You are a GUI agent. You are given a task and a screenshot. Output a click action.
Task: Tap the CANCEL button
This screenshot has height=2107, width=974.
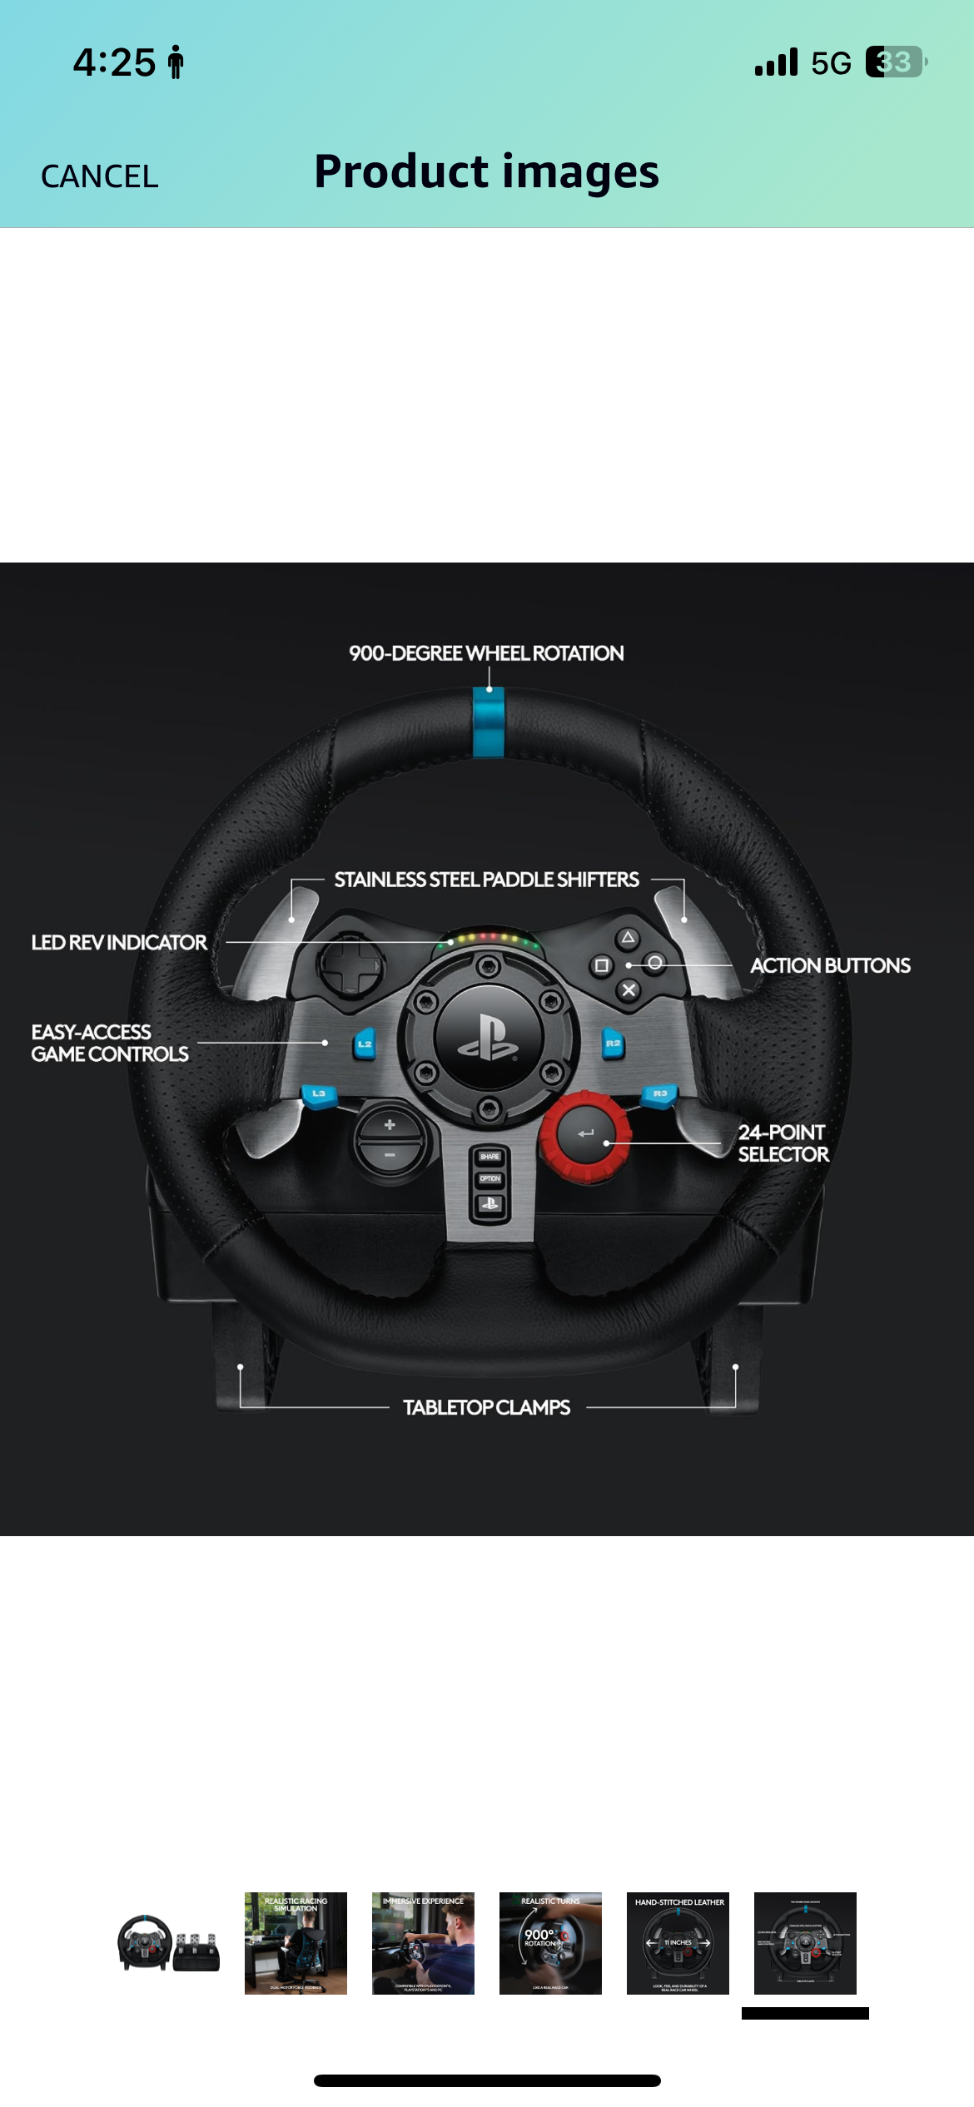(99, 176)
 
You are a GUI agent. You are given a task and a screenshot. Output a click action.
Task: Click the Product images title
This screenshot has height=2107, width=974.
(486, 172)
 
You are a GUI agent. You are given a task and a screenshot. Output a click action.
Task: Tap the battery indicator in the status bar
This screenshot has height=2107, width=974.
(896, 62)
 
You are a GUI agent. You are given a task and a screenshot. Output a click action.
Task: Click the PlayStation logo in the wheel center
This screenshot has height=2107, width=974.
(489, 1037)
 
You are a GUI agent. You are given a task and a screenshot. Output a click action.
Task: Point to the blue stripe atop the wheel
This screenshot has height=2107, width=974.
(489, 723)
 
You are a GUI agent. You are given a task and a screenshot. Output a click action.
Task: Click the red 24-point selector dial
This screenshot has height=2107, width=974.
(586, 1134)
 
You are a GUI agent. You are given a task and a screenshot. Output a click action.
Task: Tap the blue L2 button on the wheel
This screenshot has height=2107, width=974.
(365, 1044)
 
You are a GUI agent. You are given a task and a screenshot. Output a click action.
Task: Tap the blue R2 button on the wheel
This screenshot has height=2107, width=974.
(613, 1044)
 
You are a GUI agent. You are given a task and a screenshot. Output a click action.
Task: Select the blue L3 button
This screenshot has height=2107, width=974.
(319, 1094)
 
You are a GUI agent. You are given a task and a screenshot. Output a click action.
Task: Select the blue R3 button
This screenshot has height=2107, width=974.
(659, 1094)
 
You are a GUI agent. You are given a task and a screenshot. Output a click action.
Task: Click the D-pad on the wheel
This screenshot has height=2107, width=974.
(350, 965)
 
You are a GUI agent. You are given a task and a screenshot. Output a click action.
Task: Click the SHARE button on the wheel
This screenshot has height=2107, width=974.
(489, 1157)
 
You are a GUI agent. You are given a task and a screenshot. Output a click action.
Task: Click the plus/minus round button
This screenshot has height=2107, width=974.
(390, 1140)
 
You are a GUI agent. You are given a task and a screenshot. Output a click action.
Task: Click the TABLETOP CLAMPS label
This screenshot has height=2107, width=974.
(486, 1407)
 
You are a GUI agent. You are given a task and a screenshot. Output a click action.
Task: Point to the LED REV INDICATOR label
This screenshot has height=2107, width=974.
(119, 943)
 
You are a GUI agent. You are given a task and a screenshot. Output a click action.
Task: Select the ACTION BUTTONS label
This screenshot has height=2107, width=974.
(830, 965)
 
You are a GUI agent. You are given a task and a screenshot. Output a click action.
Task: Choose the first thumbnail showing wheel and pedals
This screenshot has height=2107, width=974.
(168, 1943)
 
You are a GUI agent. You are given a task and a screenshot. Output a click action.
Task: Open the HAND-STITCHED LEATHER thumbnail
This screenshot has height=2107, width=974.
(678, 1943)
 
